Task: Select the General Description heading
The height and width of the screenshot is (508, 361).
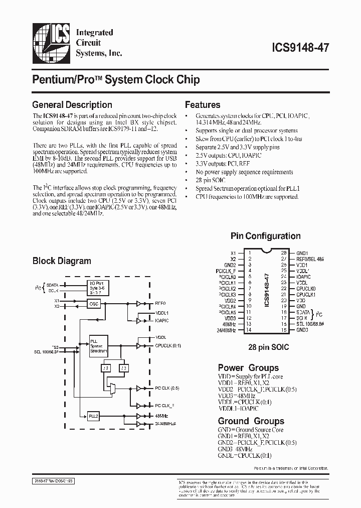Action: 72,105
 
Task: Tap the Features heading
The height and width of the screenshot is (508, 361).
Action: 203,105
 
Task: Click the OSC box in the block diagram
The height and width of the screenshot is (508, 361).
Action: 94,304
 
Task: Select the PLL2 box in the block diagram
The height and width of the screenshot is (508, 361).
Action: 94,416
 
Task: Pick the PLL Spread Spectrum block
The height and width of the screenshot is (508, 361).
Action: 98,346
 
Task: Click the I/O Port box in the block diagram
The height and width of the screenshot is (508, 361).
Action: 98,289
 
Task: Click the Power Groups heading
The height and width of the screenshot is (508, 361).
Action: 248,367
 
